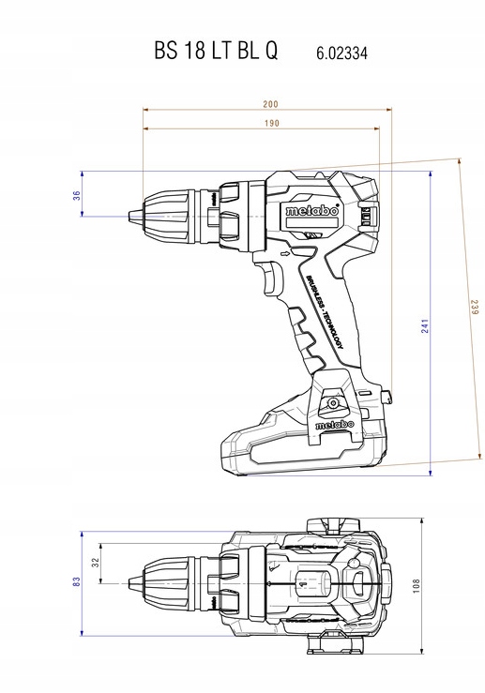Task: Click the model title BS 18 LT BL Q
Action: (x=216, y=51)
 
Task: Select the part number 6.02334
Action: (x=341, y=53)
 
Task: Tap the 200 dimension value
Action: (x=270, y=104)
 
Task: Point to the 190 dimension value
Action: (x=272, y=123)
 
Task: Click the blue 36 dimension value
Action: (x=77, y=195)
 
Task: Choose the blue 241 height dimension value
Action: (x=425, y=326)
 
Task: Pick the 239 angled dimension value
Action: (x=475, y=308)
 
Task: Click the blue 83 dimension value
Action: (x=77, y=581)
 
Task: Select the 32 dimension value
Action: (x=96, y=563)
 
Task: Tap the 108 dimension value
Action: (x=416, y=585)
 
